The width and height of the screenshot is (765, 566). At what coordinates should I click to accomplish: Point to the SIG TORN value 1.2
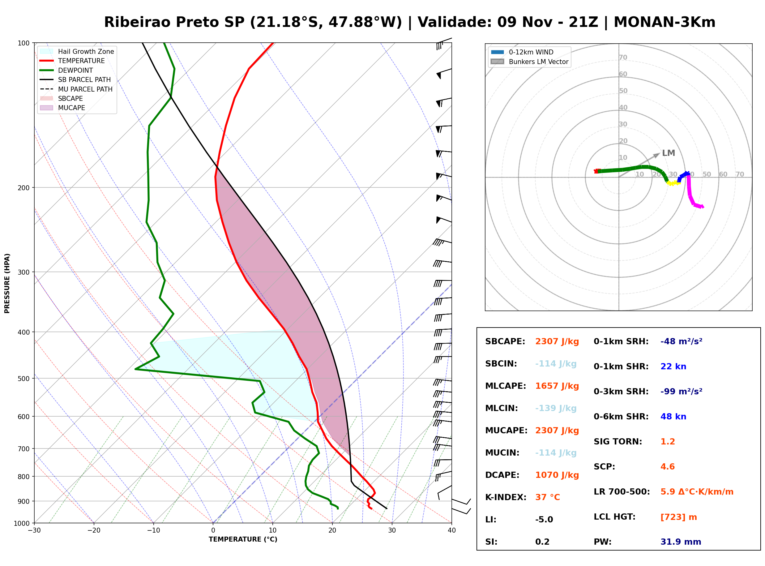point(668,442)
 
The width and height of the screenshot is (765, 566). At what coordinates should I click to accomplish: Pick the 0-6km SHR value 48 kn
point(673,417)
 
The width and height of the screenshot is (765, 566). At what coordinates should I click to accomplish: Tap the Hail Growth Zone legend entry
point(77,51)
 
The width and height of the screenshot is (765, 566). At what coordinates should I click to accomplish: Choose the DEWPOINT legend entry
point(66,70)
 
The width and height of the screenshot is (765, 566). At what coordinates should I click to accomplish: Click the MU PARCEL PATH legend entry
point(76,89)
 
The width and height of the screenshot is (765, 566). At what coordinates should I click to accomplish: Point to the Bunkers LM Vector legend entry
point(529,62)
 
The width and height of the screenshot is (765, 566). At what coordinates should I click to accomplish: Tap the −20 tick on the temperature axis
point(94,530)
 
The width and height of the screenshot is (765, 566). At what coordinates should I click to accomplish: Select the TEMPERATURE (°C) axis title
point(243,539)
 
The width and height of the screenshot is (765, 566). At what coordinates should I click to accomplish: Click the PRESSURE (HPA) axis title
point(7,283)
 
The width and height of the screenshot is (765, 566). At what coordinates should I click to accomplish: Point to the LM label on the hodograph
point(669,153)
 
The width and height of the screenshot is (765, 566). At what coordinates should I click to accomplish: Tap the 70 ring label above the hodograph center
point(623,57)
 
